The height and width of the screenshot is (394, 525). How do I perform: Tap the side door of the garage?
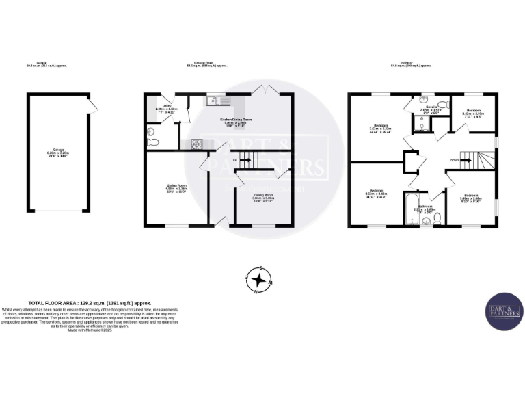coord(90,104)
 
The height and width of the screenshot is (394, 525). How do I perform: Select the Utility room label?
coord(161,108)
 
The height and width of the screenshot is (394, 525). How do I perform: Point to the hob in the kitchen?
coord(196,143)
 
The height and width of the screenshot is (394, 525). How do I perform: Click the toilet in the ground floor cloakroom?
coord(153,142)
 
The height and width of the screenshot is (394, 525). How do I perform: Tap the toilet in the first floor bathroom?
coord(437,217)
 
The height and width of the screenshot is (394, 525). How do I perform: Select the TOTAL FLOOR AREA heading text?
coord(89,302)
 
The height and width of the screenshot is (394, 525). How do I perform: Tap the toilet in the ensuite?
coord(441,105)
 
